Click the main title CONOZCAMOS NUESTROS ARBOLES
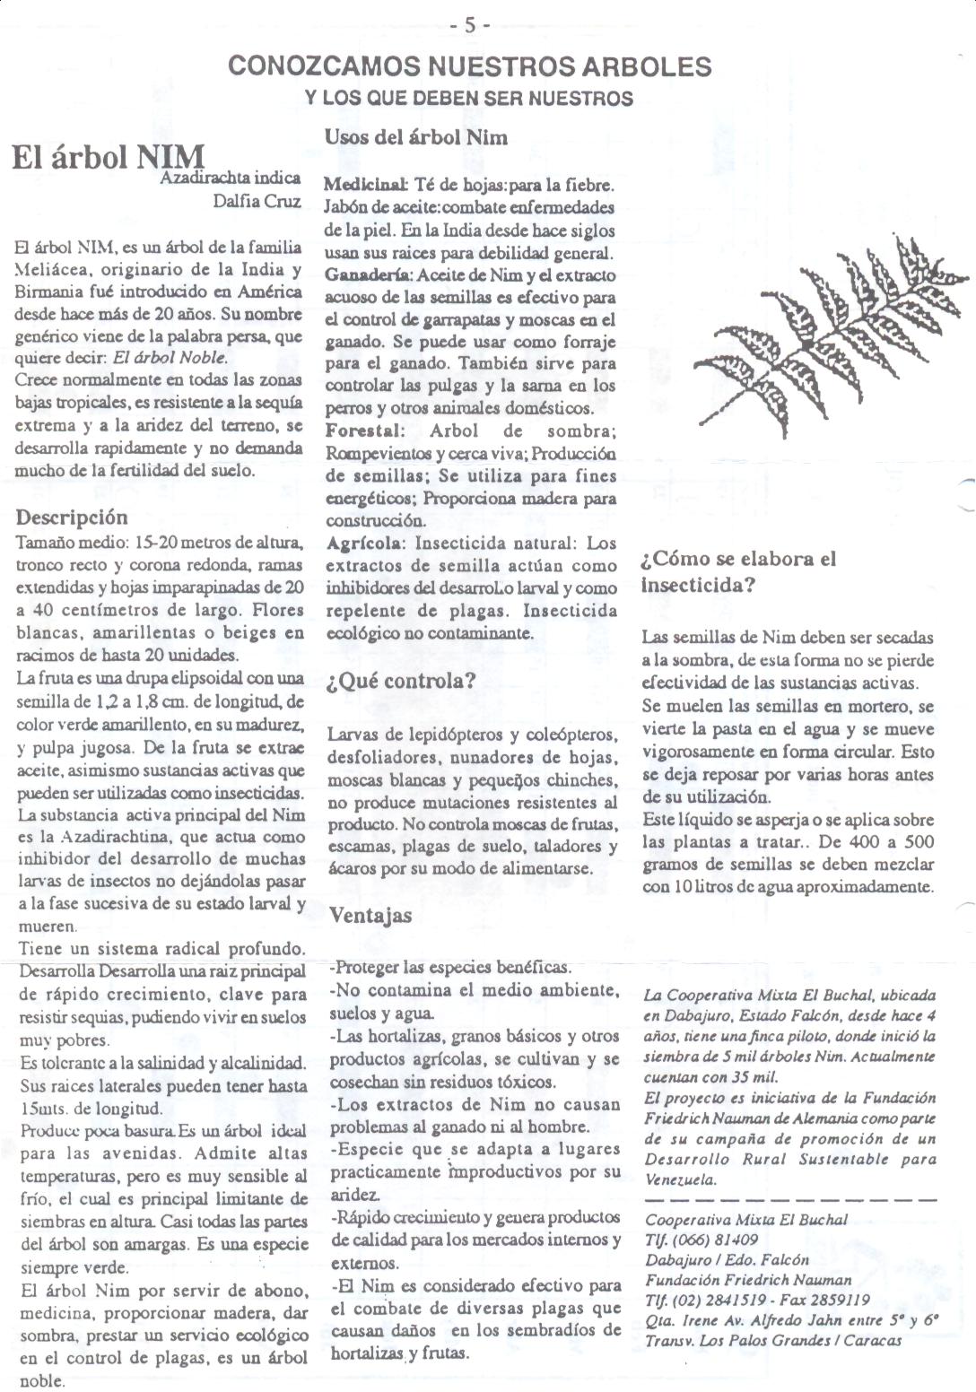point(469,66)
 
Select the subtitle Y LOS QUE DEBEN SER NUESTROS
point(469,98)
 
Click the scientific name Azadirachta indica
point(230,178)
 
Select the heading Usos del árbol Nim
point(415,137)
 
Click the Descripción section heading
point(72,518)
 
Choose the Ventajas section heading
point(370,916)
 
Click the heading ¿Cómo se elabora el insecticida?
point(737,572)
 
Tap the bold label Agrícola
point(365,544)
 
